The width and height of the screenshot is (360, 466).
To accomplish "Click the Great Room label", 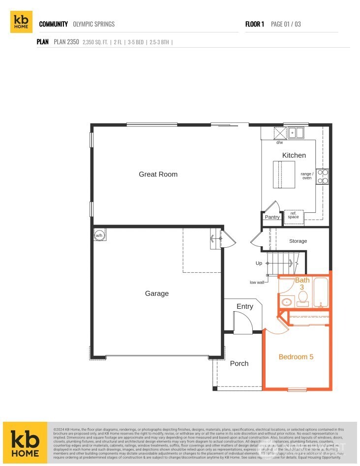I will click(x=158, y=175).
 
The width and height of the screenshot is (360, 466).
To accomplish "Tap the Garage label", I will click(x=157, y=293).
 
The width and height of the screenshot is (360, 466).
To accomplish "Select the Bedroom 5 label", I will click(x=296, y=357).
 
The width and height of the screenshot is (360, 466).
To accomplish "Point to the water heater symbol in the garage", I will click(x=99, y=235).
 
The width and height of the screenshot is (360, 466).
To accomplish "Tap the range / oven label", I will click(x=307, y=176).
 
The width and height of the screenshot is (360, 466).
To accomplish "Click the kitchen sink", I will click(x=297, y=132).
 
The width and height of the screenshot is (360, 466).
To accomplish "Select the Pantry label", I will click(x=272, y=217).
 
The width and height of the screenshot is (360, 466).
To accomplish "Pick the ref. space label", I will click(x=294, y=215).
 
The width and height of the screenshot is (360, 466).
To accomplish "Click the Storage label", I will click(x=298, y=241).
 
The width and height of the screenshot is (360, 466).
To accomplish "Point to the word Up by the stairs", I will click(x=259, y=263).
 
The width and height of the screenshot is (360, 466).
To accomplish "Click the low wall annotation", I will click(x=257, y=283).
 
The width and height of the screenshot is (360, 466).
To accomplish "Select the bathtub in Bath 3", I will click(x=321, y=293).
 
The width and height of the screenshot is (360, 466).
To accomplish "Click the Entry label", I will click(x=244, y=307).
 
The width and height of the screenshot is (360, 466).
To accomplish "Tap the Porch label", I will click(x=240, y=364).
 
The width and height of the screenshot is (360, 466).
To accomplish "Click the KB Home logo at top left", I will click(x=21, y=22).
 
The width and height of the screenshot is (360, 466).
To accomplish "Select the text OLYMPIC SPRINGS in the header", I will click(x=93, y=24).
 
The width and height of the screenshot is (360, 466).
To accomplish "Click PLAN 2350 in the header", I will click(x=66, y=42).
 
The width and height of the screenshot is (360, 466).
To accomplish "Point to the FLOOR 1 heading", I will click(x=255, y=24).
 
